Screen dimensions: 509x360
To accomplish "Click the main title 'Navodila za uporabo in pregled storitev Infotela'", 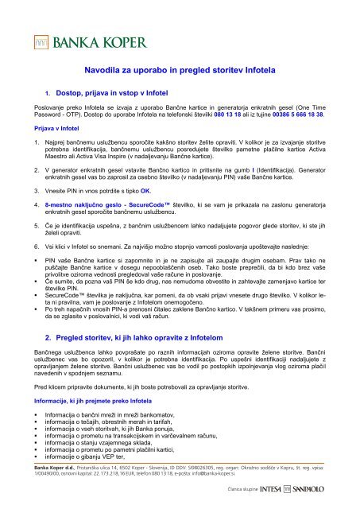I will [179, 71].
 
